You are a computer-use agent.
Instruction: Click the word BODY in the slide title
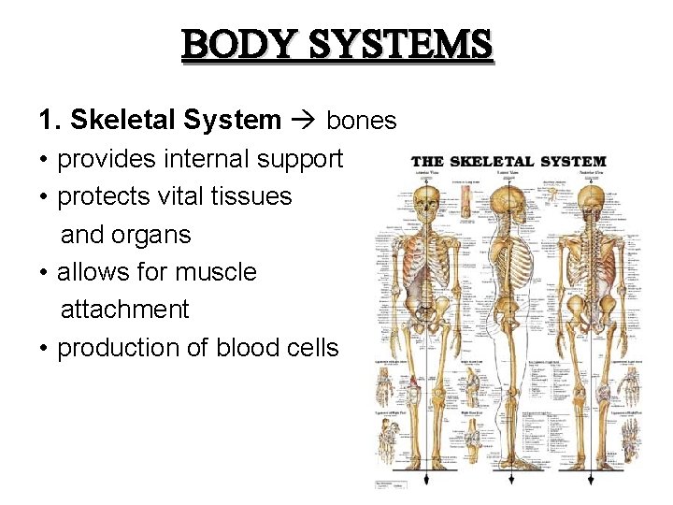233,45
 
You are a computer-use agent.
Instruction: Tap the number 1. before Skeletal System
50,121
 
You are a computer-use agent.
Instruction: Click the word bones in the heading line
362,121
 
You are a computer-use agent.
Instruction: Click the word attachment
124,310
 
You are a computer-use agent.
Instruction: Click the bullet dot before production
44,348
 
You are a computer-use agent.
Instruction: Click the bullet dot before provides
44,160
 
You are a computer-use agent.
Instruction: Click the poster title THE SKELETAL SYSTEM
508,162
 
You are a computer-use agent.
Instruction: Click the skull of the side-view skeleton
507,199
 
